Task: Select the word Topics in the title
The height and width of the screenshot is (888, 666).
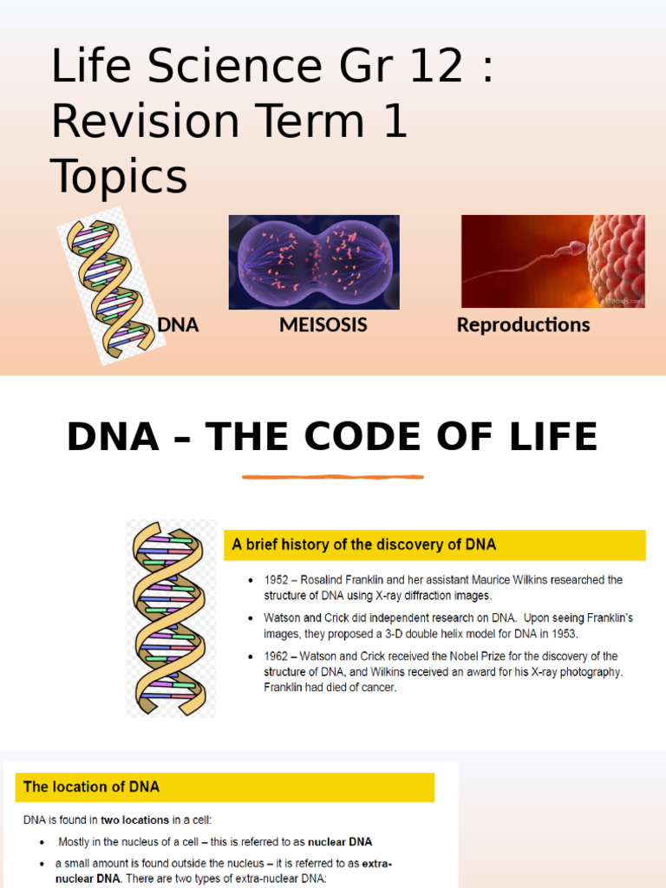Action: click(x=119, y=177)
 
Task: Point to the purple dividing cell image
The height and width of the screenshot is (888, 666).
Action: click(x=314, y=262)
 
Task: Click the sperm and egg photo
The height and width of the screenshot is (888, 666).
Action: click(x=552, y=261)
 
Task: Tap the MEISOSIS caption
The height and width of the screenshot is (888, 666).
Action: click(x=323, y=325)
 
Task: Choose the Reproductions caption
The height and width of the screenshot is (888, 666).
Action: click(x=523, y=325)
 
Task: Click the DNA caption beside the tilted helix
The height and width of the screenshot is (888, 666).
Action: click(x=178, y=325)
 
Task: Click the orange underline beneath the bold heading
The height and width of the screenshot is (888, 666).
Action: click(x=333, y=476)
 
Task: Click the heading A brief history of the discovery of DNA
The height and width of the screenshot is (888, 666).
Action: click(x=364, y=545)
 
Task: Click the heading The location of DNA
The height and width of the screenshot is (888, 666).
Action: click(x=91, y=787)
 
